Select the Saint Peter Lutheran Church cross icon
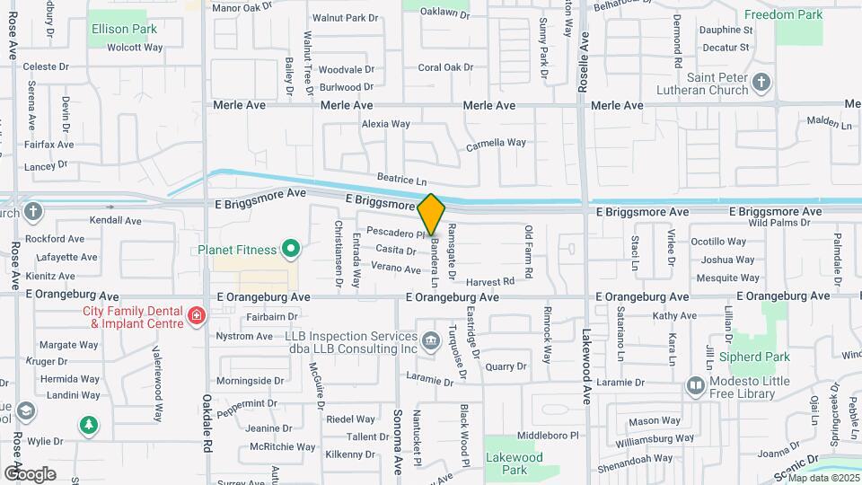[761, 84]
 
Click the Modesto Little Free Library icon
[696, 386]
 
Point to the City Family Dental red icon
[196, 315]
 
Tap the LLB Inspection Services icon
[430, 339]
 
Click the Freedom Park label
[783, 15]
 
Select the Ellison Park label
[124, 29]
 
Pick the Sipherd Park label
[754, 357]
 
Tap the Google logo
[30, 473]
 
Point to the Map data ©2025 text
[823, 478]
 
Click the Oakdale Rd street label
[207, 410]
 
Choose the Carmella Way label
[496, 143]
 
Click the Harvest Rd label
[491, 281]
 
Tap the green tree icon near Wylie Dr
[88, 424]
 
